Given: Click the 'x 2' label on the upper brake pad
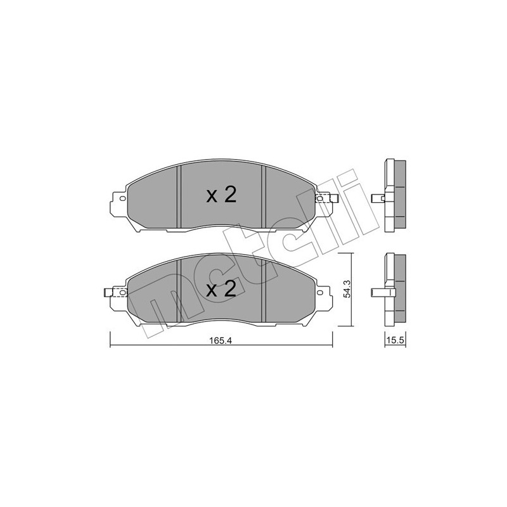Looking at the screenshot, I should point(221,195).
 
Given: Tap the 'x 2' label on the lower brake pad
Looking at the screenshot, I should point(221,290).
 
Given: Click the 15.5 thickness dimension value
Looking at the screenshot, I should point(395,340).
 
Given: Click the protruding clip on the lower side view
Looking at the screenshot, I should point(379,292).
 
